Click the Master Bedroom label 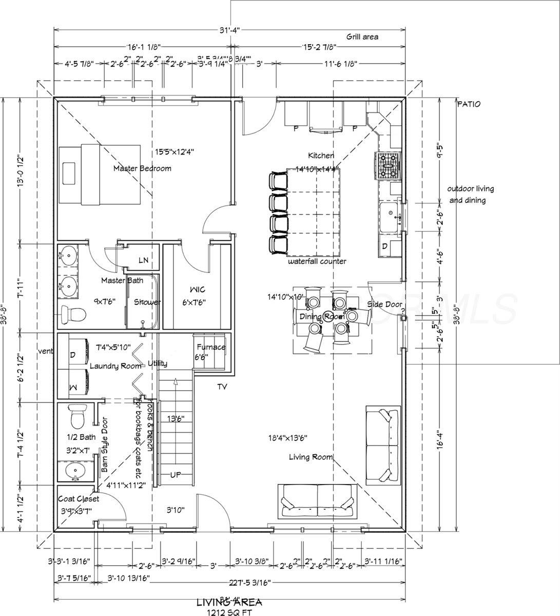coord(142,168)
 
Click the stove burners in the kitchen coord(389,166)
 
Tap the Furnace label coord(210,347)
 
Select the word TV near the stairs coord(222,387)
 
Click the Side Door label coord(384,304)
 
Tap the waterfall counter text coord(317,261)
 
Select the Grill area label coord(362,36)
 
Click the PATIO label coord(469,104)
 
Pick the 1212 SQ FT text coord(229,612)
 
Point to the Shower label coord(147,302)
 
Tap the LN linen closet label coord(143,261)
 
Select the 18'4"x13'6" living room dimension coord(291,438)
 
